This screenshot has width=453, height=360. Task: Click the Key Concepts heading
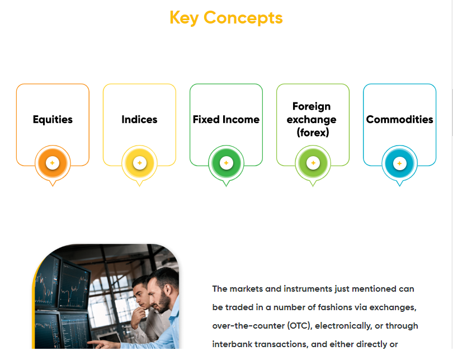click(226, 18)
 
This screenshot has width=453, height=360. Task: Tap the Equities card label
click(53, 119)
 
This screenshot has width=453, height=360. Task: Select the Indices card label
click(139, 119)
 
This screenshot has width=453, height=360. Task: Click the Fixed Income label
click(226, 119)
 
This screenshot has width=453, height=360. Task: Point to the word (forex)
click(313, 133)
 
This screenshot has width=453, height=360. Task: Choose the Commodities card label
click(399, 119)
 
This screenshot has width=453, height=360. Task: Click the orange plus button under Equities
click(53, 163)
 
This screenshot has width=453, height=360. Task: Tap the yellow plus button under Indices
click(139, 163)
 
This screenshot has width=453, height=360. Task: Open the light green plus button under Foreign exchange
click(313, 163)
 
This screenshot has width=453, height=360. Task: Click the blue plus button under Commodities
click(399, 163)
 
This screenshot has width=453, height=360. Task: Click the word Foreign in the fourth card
click(312, 106)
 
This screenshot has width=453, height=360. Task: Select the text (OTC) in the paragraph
click(300, 326)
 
